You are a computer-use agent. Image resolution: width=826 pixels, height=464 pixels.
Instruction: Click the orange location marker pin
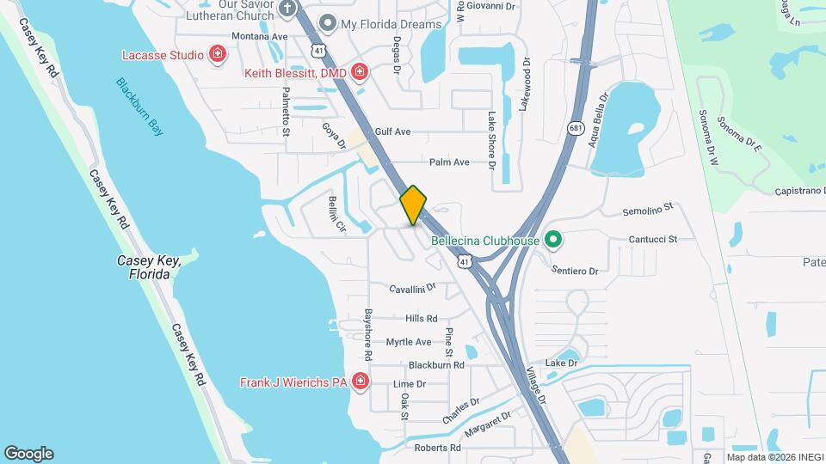pyautogui.click(x=414, y=205)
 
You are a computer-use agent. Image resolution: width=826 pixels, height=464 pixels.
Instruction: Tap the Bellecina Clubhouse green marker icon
pyautogui.click(x=553, y=240)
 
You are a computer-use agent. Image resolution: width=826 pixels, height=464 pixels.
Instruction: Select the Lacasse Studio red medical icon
pyautogui.click(x=218, y=55)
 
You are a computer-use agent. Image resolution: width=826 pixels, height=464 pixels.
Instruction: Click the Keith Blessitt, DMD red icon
pyautogui.click(x=360, y=73)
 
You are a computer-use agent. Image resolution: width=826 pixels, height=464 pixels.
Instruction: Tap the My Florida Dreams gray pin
pyautogui.click(x=327, y=23)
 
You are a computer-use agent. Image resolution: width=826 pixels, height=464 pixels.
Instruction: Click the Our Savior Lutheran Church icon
pyautogui.click(x=288, y=9)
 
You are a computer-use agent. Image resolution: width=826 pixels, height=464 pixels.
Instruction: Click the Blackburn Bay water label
pyautogui.click(x=140, y=107)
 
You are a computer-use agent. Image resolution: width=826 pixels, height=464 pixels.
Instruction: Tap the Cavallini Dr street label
pyautogui.click(x=413, y=289)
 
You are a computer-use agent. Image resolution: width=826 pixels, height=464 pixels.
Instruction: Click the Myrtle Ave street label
pyautogui.click(x=408, y=342)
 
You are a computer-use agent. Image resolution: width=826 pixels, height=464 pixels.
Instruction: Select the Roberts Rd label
pyautogui.click(x=437, y=448)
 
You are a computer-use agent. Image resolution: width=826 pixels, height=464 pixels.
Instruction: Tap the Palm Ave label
pyautogui.click(x=449, y=162)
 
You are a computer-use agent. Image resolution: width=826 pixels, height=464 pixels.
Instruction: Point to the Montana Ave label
pyautogui.click(x=261, y=36)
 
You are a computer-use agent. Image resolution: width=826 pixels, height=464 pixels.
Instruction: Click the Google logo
pyautogui.click(x=28, y=453)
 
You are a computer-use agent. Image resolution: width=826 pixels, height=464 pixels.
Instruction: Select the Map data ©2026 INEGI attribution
pyautogui.click(x=773, y=456)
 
